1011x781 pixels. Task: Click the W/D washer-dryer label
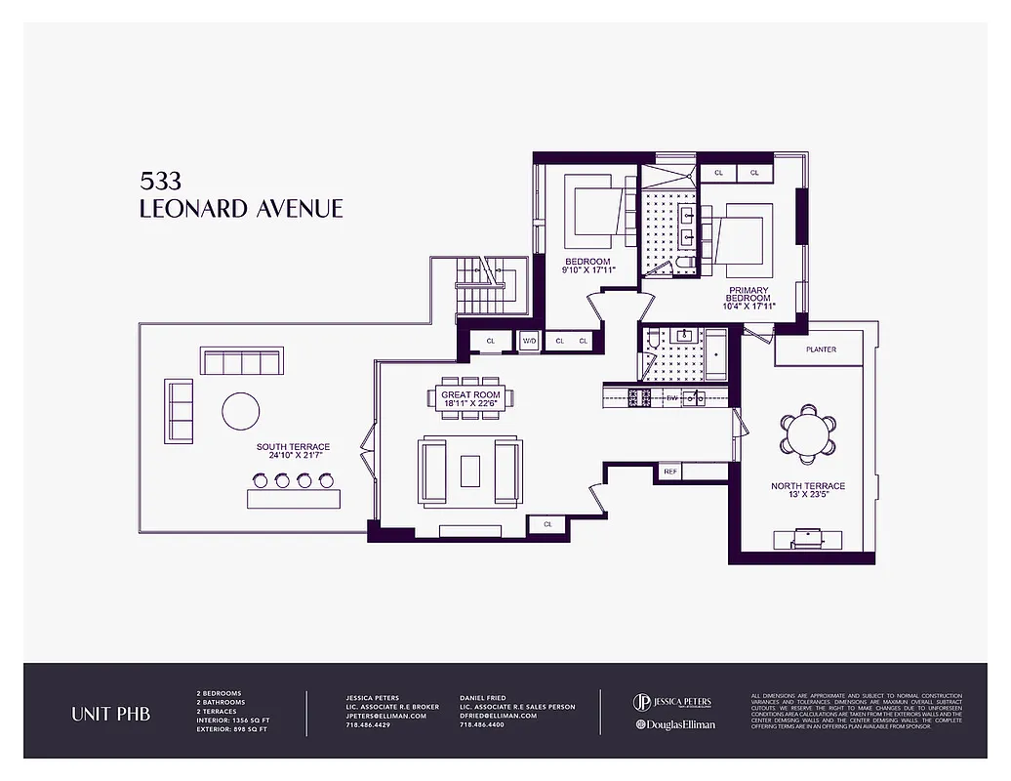tap(529, 341)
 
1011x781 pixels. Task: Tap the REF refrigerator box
tap(669, 472)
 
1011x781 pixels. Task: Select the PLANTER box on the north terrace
tap(820, 349)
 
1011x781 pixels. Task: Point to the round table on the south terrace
tap(240, 411)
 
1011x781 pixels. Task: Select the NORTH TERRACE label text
tap(807, 486)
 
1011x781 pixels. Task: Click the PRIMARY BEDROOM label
tap(748, 296)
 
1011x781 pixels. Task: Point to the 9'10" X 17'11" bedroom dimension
tap(588, 270)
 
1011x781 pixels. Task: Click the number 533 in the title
tap(160, 182)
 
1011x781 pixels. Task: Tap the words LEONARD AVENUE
tap(241, 209)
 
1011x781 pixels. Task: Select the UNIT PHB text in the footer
tap(110, 714)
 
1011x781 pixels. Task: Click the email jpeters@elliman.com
tap(386, 716)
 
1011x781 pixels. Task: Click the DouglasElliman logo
tap(674, 724)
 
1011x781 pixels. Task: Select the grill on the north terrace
tap(807, 537)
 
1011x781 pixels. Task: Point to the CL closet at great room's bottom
tap(547, 525)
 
